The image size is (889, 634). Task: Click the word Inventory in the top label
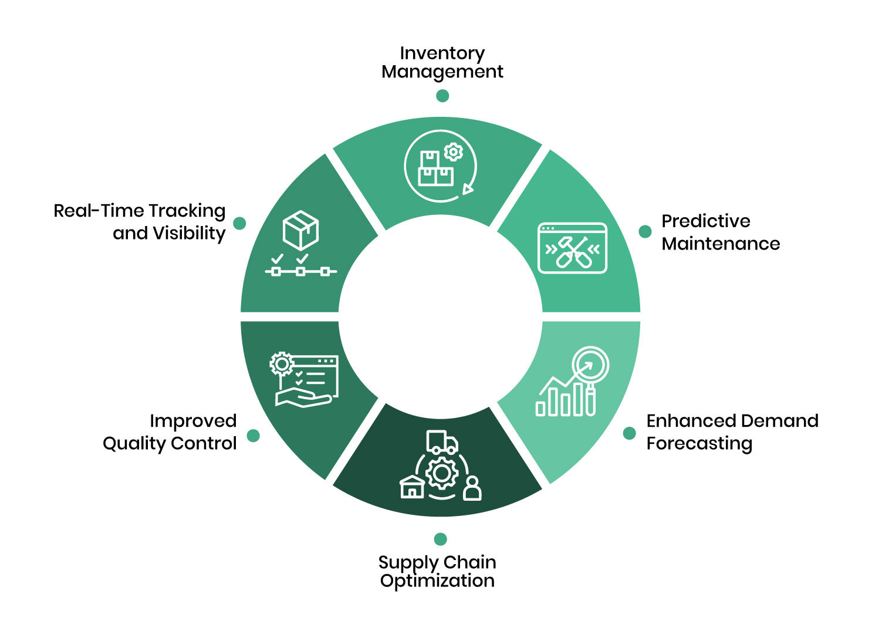tap(442, 53)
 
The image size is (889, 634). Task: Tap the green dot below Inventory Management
tap(442, 96)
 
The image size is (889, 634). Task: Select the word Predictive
tap(705, 221)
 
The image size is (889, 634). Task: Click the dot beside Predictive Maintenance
tap(645, 231)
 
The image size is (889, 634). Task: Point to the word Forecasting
tap(699, 443)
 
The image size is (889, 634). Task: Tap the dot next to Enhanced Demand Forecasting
tap(629, 433)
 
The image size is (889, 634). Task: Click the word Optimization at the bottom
tap(437, 581)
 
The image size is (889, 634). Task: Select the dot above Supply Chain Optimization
tap(440, 539)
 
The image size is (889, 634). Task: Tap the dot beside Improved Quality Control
tap(253, 435)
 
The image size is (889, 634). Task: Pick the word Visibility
tap(189, 233)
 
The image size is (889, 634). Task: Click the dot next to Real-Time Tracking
tap(239, 223)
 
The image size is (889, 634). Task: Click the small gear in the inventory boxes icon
tap(453, 152)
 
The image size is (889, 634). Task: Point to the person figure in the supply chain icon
tap(472, 488)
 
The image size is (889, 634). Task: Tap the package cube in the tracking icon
tap(300, 230)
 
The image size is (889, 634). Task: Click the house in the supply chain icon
tap(412, 487)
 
